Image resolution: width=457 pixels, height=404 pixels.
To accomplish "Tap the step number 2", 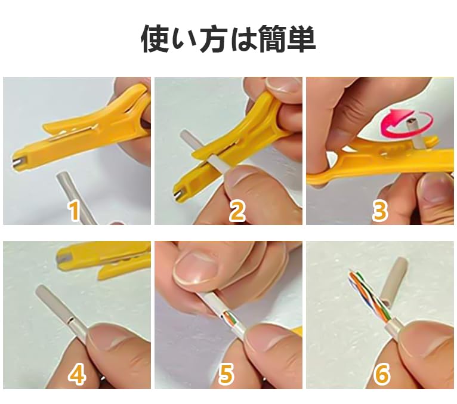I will click(x=237, y=211).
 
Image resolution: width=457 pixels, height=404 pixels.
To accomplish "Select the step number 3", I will click(x=380, y=211).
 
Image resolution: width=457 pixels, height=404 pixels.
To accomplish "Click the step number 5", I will click(x=226, y=374).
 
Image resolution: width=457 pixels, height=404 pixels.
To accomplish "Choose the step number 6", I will click(x=382, y=374).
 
